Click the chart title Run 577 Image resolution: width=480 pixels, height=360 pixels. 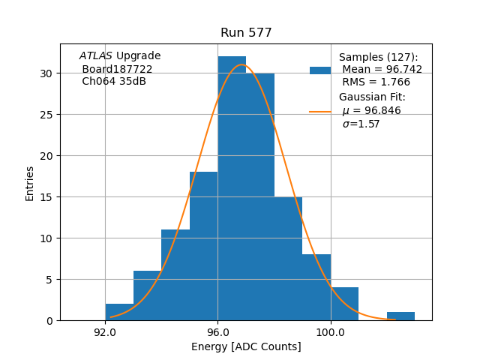[x=246, y=33]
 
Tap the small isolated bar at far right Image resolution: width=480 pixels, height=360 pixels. [x=400, y=316]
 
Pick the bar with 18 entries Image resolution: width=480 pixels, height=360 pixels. [x=203, y=247]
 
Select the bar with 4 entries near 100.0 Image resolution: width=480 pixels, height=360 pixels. [x=344, y=304]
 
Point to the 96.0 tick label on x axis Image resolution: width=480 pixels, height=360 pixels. [x=217, y=331]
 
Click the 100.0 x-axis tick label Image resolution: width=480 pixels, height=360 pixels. [x=330, y=331]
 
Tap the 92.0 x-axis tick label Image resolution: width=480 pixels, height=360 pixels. [x=105, y=331]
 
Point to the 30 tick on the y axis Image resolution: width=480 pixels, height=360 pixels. [x=46, y=73]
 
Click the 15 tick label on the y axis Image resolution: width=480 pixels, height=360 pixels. [x=46, y=197]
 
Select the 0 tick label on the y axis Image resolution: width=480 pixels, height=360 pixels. [x=49, y=321]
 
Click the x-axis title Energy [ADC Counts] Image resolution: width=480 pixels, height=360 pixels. [x=246, y=346]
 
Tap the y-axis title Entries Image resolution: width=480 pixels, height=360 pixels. [x=30, y=183]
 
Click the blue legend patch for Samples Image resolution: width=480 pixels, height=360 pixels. [x=320, y=70]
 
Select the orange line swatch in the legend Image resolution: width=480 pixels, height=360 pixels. [x=320, y=112]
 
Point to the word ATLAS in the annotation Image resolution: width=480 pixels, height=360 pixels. [x=96, y=56]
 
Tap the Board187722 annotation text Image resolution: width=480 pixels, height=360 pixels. [x=117, y=69]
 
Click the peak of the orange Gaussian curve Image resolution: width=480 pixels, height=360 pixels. [x=242, y=64]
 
